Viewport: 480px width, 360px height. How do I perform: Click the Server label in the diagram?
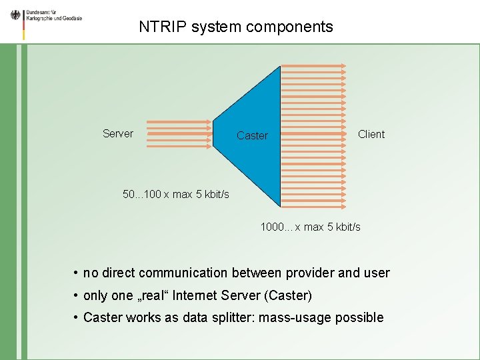pyautogui.click(x=118, y=133)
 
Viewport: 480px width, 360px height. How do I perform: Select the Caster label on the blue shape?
pyautogui.click(x=252, y=135)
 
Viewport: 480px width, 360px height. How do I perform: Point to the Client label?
pyautogui.click(x=371, y=134)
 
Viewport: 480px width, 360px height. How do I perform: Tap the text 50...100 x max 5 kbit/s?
pyautogui.click(x=176, y=194)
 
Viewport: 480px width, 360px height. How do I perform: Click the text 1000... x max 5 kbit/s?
pyautogui.click(x=311, y=227)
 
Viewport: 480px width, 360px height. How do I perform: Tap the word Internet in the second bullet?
pyautogui.click(x=200, y=295)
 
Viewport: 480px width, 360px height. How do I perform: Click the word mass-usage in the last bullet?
pyautogui.click(x=291, y=317)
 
